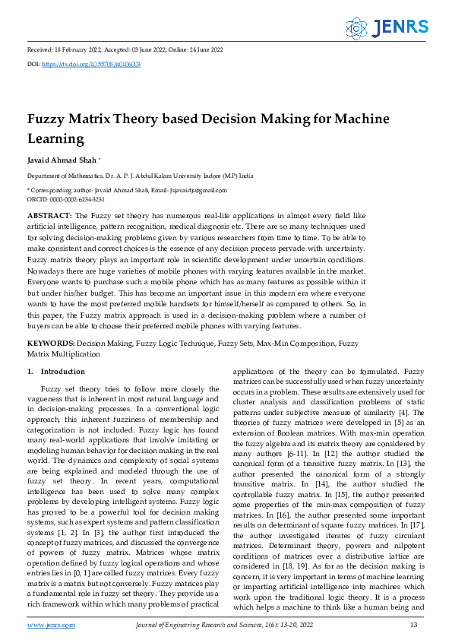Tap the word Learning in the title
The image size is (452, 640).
[55, 139]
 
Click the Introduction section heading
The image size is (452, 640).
[63, 372]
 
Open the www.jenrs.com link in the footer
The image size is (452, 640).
[51, 625]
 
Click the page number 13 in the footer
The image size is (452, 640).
[413, 625]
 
